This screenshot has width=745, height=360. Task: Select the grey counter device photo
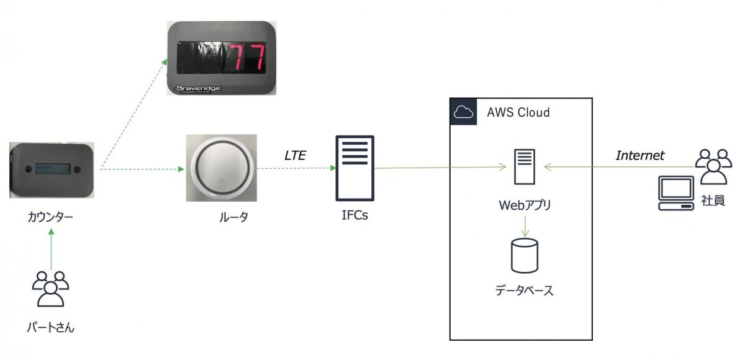tap(52, 169)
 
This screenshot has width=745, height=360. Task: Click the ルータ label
tap(222, 217)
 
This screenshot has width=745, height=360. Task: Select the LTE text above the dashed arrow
tap(295, 155)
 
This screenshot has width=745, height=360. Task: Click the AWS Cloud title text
tap(518, 112)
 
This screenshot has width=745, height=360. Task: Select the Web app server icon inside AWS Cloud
tap(525, 166)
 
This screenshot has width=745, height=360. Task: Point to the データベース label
tap(525, 290)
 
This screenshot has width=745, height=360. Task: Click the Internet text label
tap(640, 155)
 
